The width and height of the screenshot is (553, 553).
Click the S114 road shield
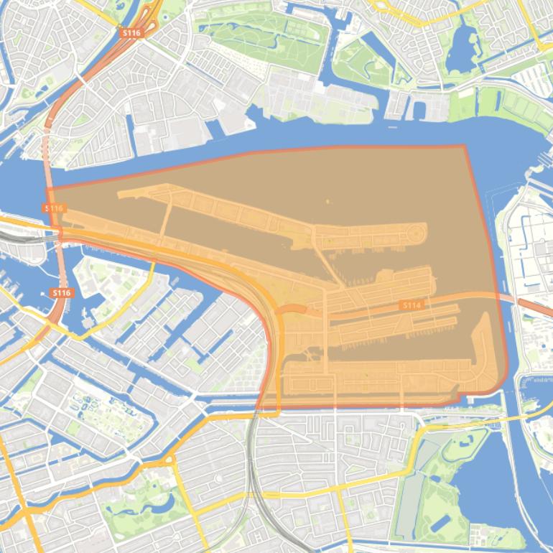point(411,305)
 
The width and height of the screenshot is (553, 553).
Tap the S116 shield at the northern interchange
point(131,33)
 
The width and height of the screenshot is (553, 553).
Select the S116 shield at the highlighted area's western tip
point(55,208)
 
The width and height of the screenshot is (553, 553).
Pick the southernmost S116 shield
point(62,293)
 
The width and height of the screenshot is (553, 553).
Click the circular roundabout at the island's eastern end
point(415,233)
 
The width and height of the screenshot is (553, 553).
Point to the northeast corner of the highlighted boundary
point(465,146)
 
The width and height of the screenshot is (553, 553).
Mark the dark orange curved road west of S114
point(292,309)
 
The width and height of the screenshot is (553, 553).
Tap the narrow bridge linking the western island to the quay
point(164,223)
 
